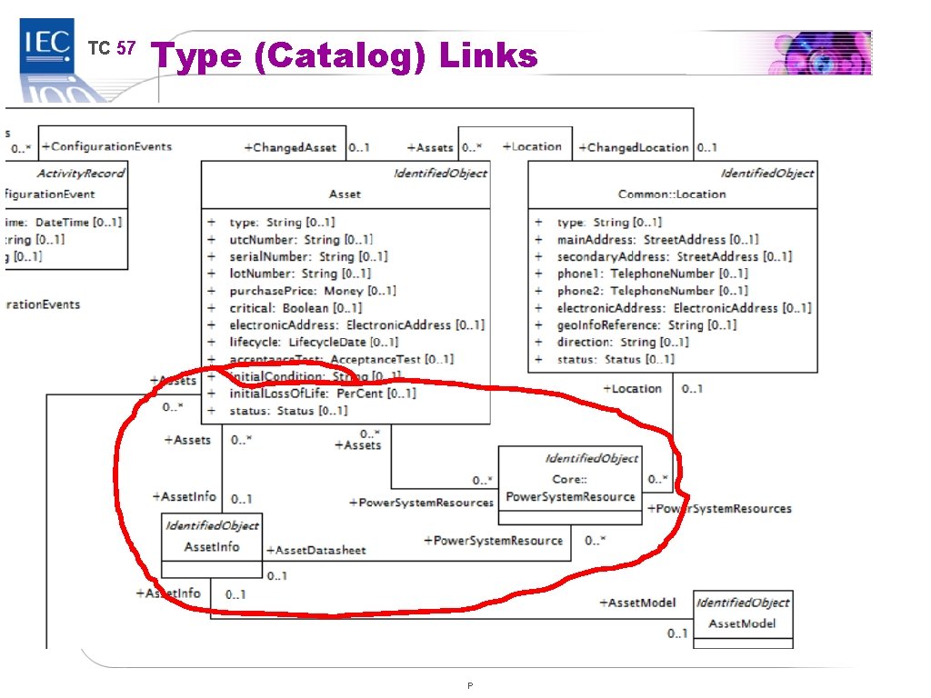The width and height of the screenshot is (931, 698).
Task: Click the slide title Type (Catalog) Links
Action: pos(345,56)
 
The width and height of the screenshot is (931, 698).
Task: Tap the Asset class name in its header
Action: pos(345,194)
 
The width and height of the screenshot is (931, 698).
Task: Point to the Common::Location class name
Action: pos(672,194)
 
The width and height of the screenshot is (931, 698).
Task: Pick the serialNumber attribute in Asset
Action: pos(308,256)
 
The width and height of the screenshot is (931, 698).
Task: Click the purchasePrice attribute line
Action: pos(312,291)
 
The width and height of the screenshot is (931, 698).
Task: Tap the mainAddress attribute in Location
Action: pos(657,239)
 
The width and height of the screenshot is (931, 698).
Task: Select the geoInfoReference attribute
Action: pos(646,324)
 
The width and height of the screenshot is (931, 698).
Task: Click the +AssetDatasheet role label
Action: pos(315,550)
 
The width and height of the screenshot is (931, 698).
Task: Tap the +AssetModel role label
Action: pos(637,603)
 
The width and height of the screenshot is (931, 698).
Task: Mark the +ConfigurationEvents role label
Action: pos(106,146)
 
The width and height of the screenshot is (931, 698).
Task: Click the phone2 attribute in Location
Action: pos(652,291)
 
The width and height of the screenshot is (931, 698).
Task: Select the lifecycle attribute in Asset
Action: pos(313,342)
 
